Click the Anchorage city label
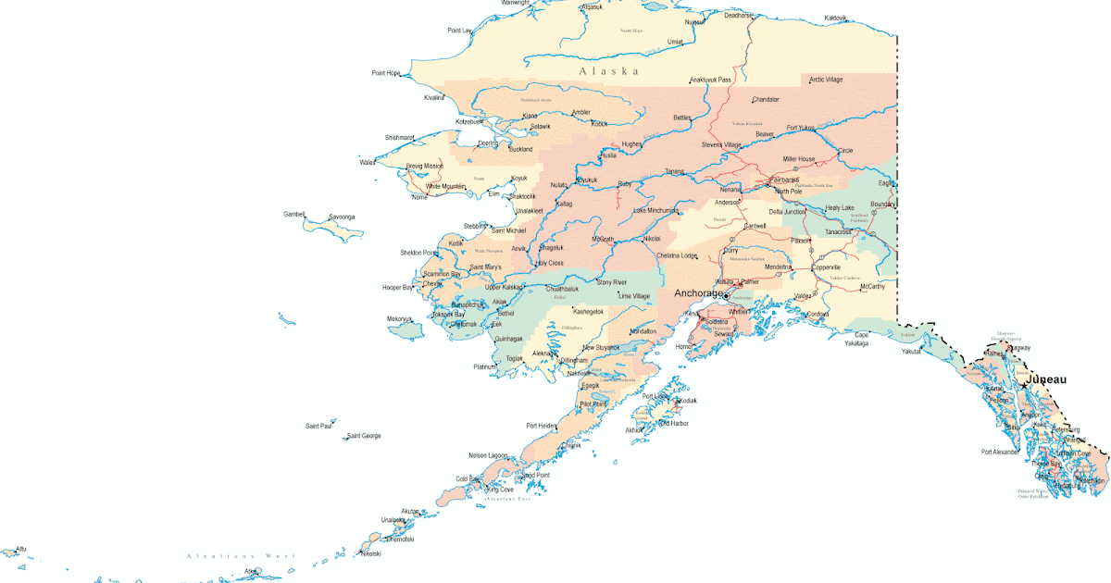coord(698,293)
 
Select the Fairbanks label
coord(783,180)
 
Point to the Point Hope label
coord(386,73)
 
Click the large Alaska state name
coord(608,71)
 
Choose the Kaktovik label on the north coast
coord(835,18)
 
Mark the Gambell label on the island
coord(293,214)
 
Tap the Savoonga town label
coord(342,217)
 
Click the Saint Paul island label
coord(318,426)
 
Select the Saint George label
coord(364,435)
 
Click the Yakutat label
coord(913,352)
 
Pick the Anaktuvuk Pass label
coord(711,80)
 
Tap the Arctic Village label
coord(826,80)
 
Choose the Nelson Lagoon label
coord(489,455)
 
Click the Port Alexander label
coord(1000,453)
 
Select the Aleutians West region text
coord(241,556)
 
